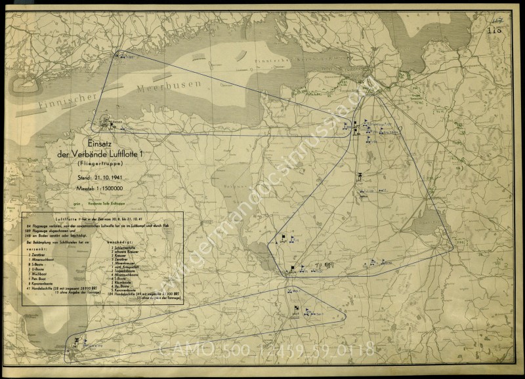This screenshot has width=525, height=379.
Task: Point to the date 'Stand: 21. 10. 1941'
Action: coord(106,178)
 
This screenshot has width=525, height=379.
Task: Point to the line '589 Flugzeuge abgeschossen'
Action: coord(50,229)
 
